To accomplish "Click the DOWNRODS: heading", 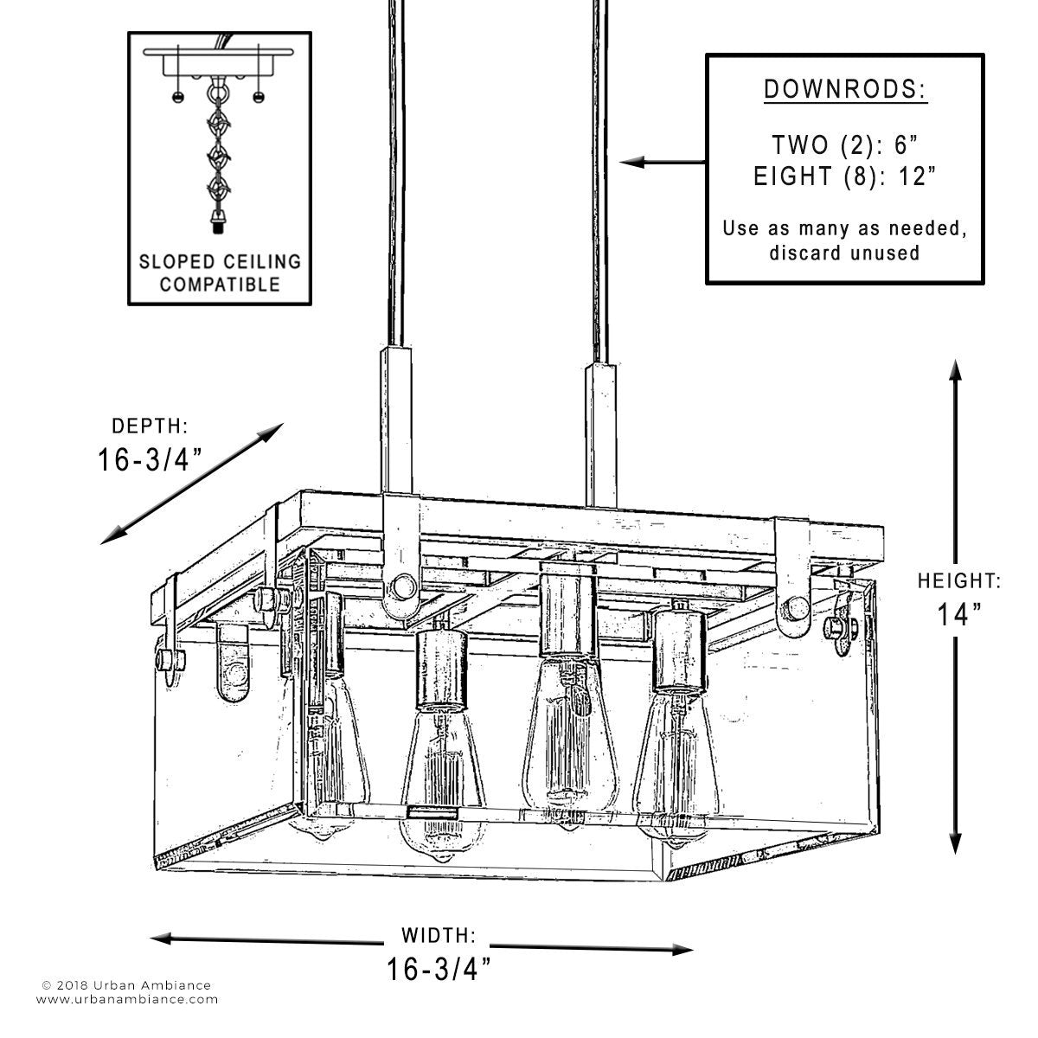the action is (x=845, y=89).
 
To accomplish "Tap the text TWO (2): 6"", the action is (x=844, y=145).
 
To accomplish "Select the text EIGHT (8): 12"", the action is (x=844, y=176).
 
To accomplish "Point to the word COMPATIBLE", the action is (x=220, y=285).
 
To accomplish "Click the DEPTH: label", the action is (x=150, y=426).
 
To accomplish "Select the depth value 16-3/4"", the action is (x=150, y=459).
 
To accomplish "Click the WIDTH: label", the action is (x=439, y=934).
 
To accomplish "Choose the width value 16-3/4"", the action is (x=439, y=969).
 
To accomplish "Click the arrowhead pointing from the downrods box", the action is (x=631, y=162).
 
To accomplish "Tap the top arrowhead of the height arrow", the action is (x=955, y=372).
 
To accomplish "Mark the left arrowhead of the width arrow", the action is (x=162, y=939).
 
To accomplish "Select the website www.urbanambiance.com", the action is (x=127, y=1015).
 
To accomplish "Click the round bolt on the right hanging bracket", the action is (x=796, y=609).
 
